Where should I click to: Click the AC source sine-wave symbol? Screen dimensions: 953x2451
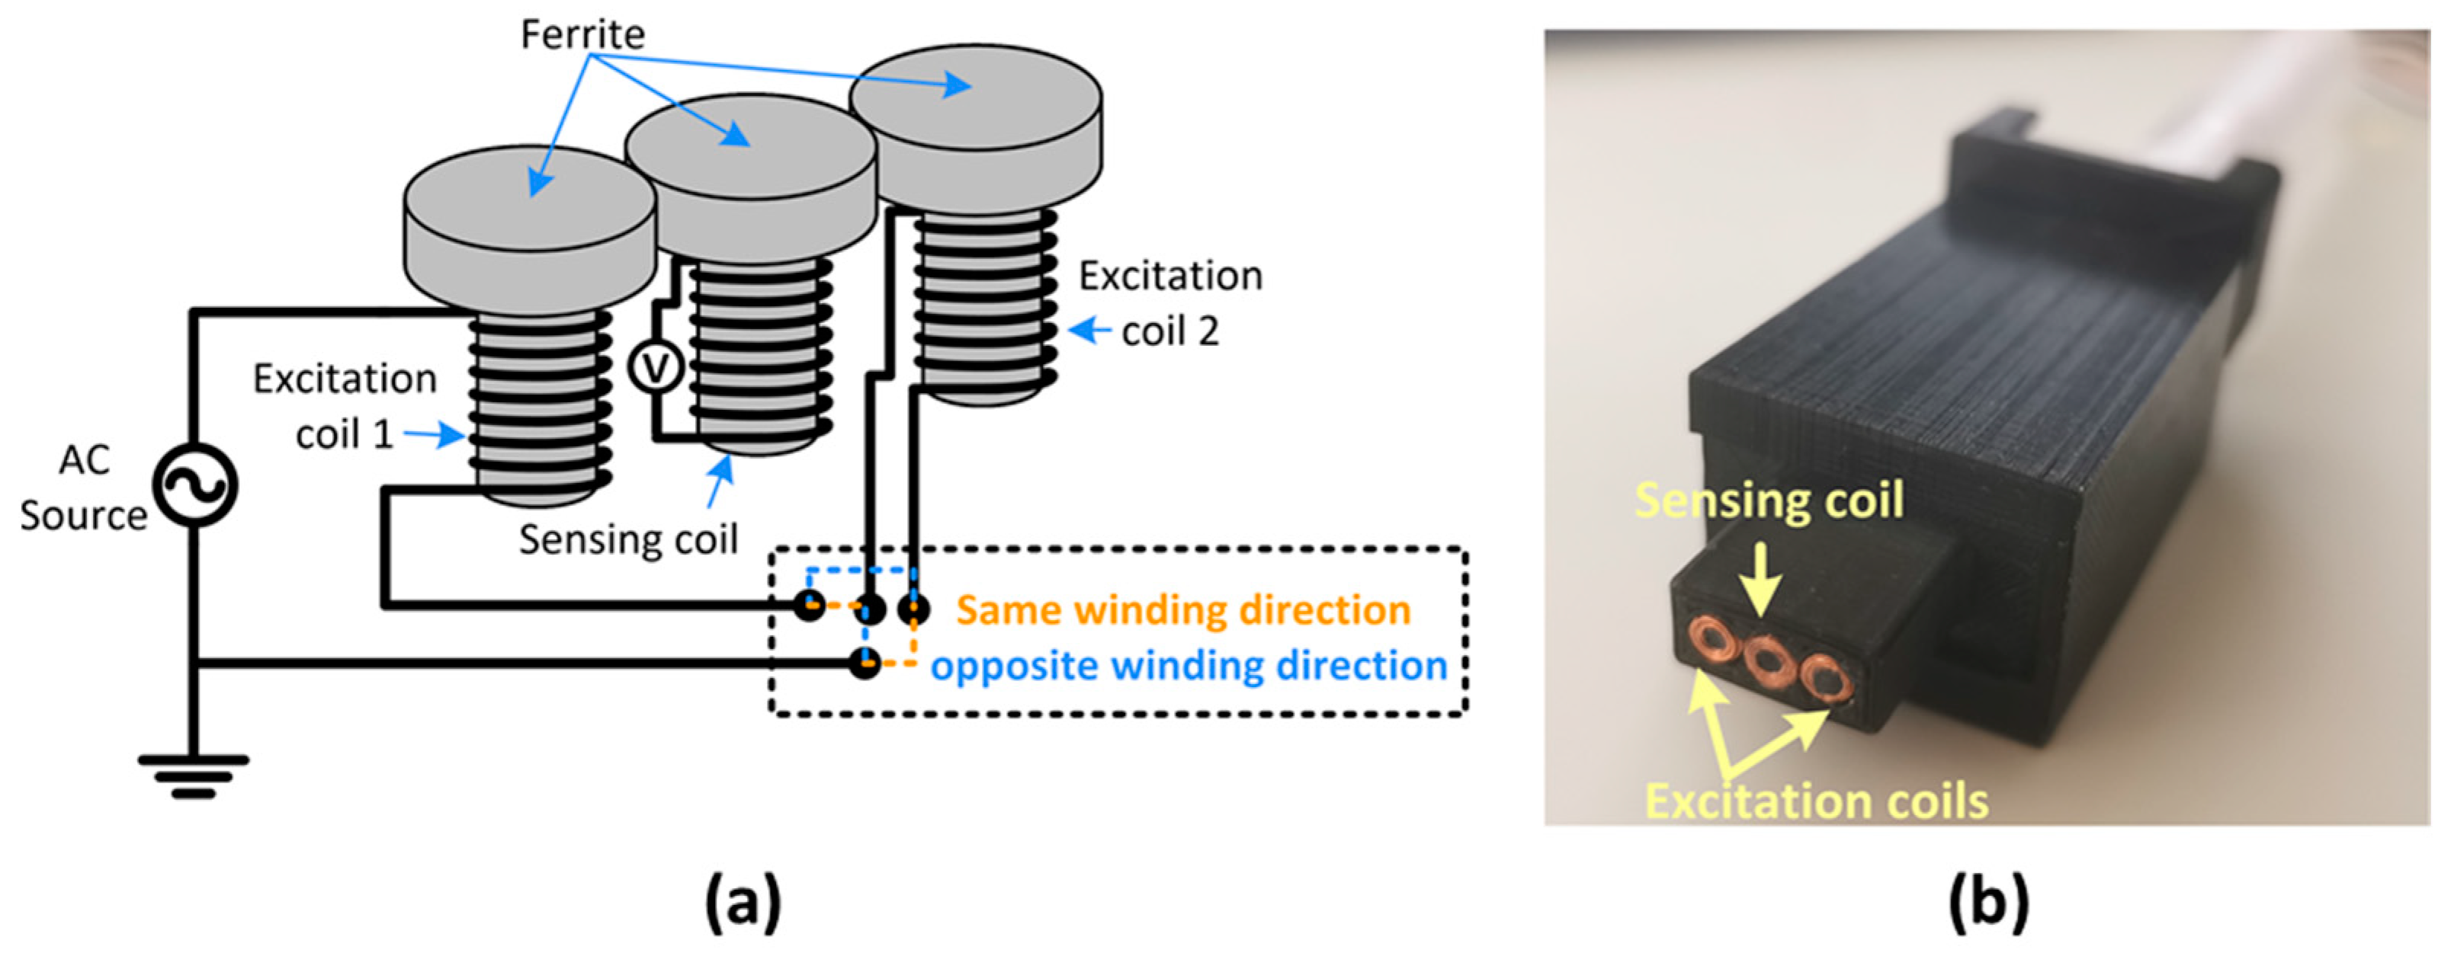(x=195, y=486)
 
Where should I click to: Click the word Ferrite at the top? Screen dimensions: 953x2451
(x=582, y=34)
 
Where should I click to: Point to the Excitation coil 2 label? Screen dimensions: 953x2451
(x=1170, y=302)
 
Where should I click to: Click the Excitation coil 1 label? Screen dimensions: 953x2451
(x=344, y=405)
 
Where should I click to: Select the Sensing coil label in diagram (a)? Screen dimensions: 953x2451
(x=628, y=539)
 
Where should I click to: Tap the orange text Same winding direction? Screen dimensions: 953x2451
(x=1182, y=609)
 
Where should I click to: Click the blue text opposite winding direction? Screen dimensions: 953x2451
(x=1189, y=665)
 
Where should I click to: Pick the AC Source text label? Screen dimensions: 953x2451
(x=84, y=487)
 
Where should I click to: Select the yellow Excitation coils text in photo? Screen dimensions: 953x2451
(x=1817, y=801)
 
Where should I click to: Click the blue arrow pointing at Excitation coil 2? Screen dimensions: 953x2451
(x=1089, y=331)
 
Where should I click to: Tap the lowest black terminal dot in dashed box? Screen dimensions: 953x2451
(x=865, y=662)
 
